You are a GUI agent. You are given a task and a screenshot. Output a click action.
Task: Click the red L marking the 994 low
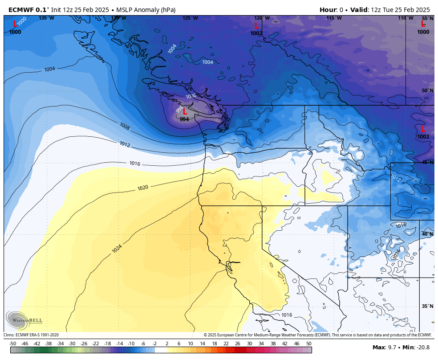tap(185, 112)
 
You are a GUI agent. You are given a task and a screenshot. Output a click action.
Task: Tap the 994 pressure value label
tap(184, 119)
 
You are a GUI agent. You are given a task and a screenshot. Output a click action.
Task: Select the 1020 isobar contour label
tap(142, 188)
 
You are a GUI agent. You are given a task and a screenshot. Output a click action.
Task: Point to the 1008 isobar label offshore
tap(125, 127)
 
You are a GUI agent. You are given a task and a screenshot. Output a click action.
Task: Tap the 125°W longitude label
tap(190, 18)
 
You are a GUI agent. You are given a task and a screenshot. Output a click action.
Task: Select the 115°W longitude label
tap(334, 18)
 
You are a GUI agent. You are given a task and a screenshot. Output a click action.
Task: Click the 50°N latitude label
tap(427, 91)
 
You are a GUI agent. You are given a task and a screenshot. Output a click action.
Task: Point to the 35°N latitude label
tap(427, 307)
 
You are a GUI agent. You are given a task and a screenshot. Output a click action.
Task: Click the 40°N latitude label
tap(427, 234)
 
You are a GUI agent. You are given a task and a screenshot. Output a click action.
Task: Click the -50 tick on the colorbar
tap(13, 344)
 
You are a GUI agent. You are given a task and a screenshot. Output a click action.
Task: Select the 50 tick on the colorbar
tap(308, 344)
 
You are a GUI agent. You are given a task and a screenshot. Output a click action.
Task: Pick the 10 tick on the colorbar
tap(191, 344)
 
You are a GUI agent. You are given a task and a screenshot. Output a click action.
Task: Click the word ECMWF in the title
tap(21, 10)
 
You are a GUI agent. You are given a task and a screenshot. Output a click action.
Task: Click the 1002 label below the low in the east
tap(423, 137)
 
